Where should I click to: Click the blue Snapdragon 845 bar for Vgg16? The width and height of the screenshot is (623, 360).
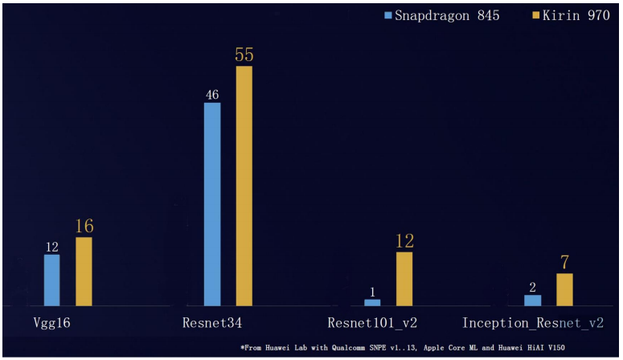coord(51,280)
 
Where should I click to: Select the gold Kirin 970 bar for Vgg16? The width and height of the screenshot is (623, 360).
coord(84,272)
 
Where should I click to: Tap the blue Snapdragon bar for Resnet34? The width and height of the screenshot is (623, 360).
coord(212,204)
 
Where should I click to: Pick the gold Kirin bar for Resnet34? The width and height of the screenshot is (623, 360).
coord(244,186)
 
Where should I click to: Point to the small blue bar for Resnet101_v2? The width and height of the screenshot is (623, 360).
coord(372,302)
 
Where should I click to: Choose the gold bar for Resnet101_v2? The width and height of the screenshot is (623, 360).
coord(404,279)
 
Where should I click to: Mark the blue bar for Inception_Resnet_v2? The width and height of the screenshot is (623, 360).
coord(532,300)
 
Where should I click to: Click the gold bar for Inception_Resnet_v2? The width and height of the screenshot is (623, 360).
coord(565,289)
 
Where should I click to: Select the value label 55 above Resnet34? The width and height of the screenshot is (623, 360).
coord(244,55)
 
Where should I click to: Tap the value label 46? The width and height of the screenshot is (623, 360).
coord(212,95)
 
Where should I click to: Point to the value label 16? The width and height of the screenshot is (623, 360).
coord(84,226)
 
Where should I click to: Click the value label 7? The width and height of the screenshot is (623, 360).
coord(565,263)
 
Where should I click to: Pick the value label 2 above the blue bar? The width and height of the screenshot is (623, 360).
coord(532,287)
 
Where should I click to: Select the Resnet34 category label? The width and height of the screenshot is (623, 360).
coord(213,324)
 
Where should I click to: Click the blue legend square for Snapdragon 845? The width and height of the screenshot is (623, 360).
coord(388,15)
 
